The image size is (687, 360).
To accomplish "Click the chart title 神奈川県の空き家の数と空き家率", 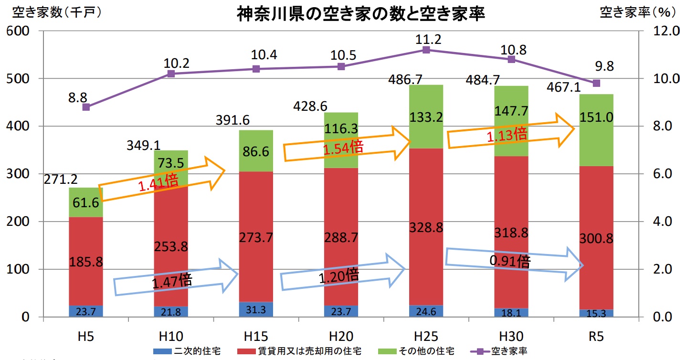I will click(361, 14).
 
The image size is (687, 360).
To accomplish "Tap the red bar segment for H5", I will click(86, 261).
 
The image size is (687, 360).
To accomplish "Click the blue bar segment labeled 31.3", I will click(256, 309).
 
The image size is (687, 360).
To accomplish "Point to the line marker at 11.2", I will click(426, 50).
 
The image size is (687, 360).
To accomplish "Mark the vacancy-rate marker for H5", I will click(86, 107).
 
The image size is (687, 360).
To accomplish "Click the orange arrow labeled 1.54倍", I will click(347, 144).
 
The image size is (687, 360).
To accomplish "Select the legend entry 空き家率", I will click(507, 352).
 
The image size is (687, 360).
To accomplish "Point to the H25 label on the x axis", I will click(426, 336).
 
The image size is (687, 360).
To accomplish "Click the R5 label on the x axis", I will click(596, 336).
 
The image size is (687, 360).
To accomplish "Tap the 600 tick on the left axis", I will click(19, 31).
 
